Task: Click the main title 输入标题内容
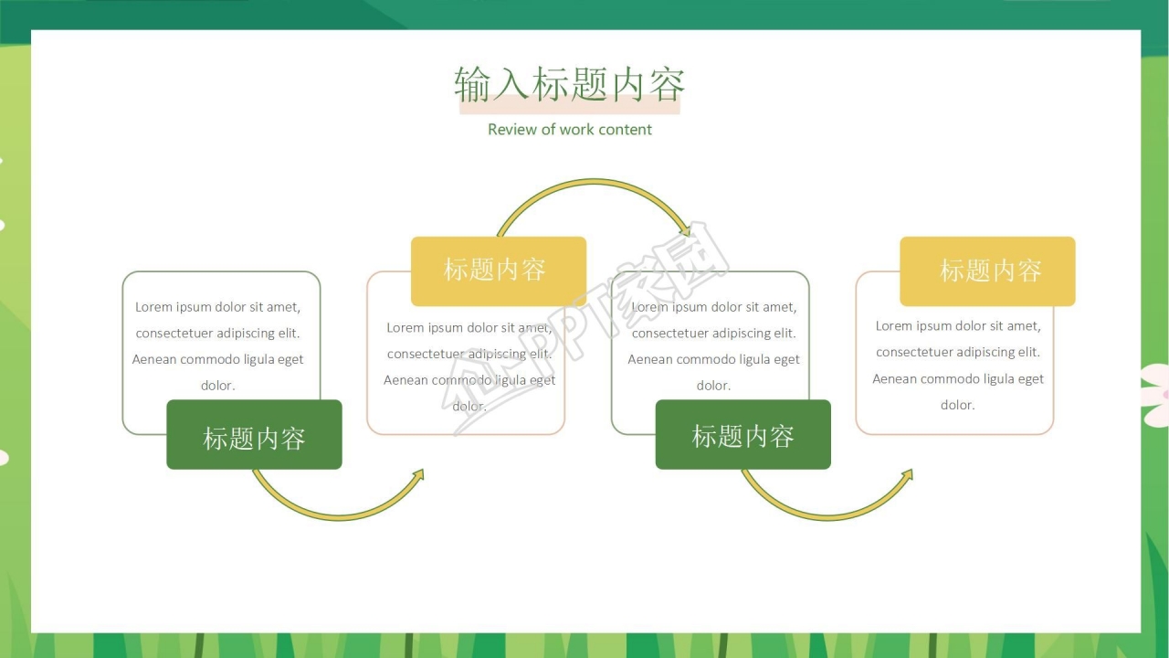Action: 569,84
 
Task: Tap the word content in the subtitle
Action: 626,130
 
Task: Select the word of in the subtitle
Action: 548,130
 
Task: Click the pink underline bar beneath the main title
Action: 569,108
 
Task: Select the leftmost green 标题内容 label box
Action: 254,435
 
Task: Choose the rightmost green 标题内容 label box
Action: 742,435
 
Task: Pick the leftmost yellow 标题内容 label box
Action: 498,271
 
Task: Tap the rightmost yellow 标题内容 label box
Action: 987,271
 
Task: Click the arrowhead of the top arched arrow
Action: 685,231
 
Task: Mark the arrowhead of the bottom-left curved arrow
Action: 418,474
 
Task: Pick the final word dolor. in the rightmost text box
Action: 957,405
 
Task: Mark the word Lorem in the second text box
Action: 405,327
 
